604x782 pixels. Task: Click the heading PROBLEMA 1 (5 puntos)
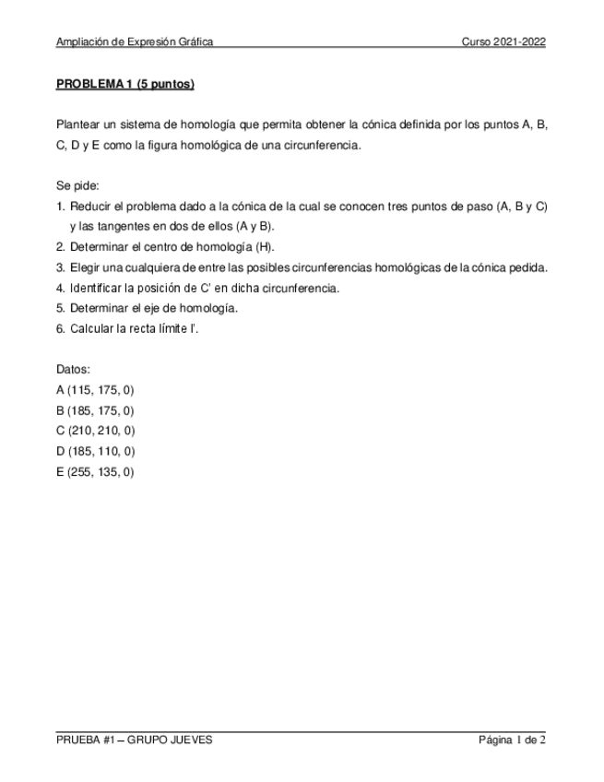coord(124,85)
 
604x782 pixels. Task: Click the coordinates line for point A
coord(95,390)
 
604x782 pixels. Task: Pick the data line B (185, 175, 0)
coord(95,410)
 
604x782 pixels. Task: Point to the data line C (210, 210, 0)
coord(96,431)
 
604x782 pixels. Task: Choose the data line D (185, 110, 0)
coord(96,451)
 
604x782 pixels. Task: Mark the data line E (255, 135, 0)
coord(96,471)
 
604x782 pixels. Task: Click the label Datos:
coord(74,370)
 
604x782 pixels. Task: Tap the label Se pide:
coord(77,186)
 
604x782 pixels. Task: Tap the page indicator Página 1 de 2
coord(512,740)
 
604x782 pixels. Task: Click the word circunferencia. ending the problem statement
coord(326,146)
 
